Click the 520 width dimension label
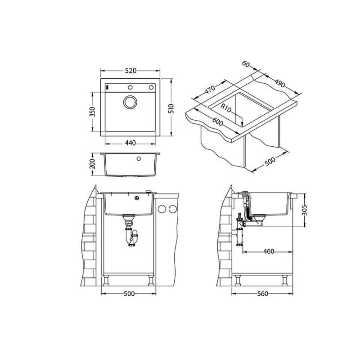coord(130,71)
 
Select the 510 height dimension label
coord(171,108)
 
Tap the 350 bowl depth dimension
coord(92,112)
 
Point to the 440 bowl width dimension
coord(130,143)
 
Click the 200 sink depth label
coord(92,164)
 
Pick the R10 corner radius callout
coord(226,108)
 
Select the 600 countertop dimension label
coord(217,121)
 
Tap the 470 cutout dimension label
coord(210,90)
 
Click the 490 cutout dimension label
coord(280,83)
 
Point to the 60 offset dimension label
coord(246,64)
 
